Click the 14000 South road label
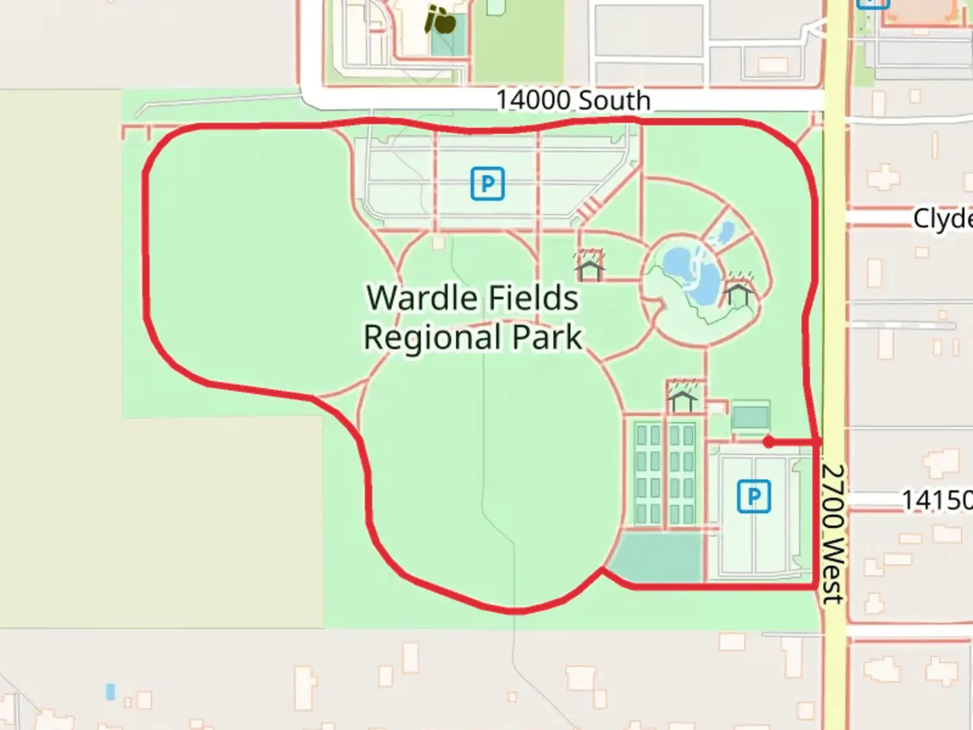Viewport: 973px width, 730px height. pos(573,100)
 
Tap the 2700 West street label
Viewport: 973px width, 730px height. pos(833,533)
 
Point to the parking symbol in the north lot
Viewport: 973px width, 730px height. pos(487,183)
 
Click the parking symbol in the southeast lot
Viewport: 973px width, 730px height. pos(753,497)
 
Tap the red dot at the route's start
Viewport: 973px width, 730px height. pos(768,442)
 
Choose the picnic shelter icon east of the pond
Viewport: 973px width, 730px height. pos(738,291)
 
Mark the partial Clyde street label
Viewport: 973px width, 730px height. pos(942,218)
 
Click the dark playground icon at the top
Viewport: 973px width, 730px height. pos(441,20)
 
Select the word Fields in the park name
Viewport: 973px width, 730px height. pos(533,297)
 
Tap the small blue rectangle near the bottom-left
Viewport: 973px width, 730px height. pos(110,691)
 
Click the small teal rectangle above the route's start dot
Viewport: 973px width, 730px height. pos(750,416)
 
